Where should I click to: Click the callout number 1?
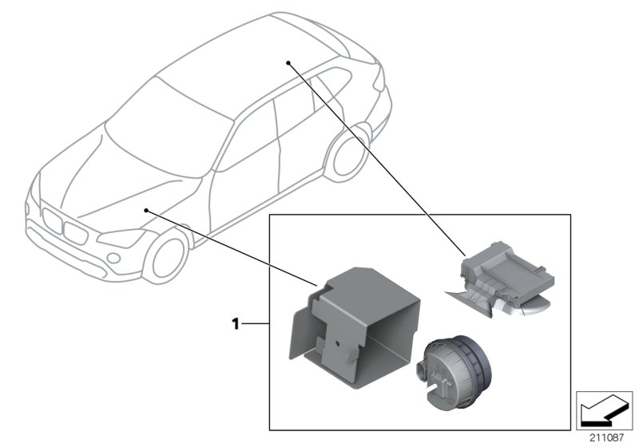point(236,324)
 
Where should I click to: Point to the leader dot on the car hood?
point(146,209)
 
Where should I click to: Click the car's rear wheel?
point(350,151)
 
